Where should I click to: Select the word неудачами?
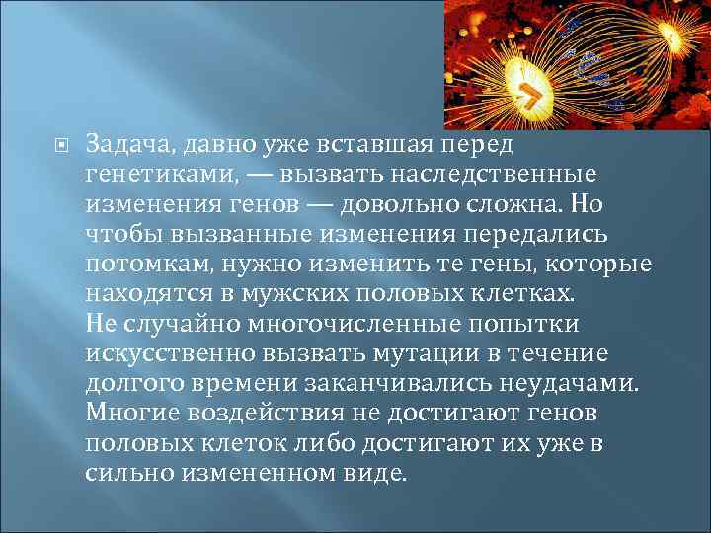573,382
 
